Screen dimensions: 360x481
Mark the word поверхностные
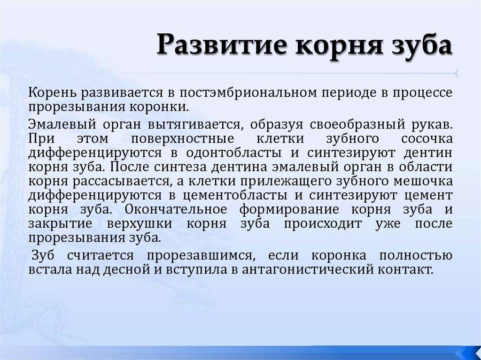pos(183,139)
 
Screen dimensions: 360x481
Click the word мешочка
pos(425,182)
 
